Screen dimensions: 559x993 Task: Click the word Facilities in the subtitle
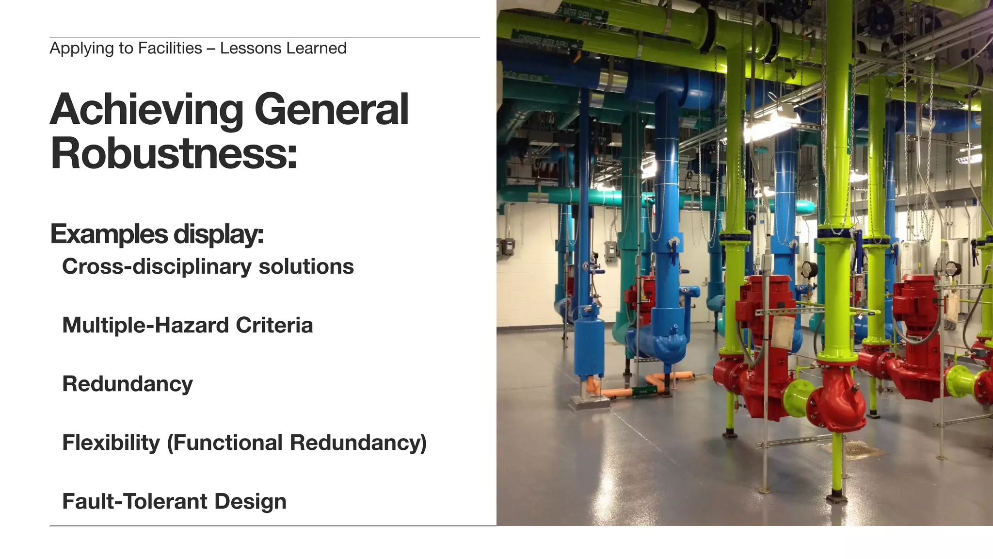coord(170,49)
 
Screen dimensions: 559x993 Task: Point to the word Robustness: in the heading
coord(174,153)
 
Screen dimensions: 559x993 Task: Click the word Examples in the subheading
coord(109,234)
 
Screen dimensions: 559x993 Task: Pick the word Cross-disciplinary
coord(157,267)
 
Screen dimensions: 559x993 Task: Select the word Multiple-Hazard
coord(145,326)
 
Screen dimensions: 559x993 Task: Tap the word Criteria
coord(274,326)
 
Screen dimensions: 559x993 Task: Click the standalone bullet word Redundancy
coord(128,384)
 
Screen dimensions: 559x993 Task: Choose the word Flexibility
coord(111,443)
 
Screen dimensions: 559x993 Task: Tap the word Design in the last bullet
coord(250,502)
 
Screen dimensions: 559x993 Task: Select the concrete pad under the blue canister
coord(589,401)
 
